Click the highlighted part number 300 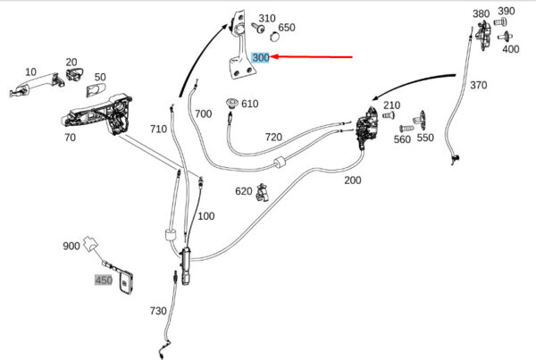click(x=261, y=57)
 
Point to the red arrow click(x=313, y=57)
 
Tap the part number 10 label click(x=30, y=71)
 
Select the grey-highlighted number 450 click(x=104, y=280)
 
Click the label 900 click(x=71, y=246)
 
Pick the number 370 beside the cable click(x=478, y=86)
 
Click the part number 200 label click(x=353, y=180)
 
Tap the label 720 click(x=273, y=138)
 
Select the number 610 click(x=249, y=104)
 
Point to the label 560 click(x=402, y=139)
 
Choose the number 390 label click(x=507, y=12)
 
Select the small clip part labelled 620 click(x=263, y=191)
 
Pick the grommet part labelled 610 click(x=232, y=103)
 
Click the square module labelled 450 click(x=130, y=282)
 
